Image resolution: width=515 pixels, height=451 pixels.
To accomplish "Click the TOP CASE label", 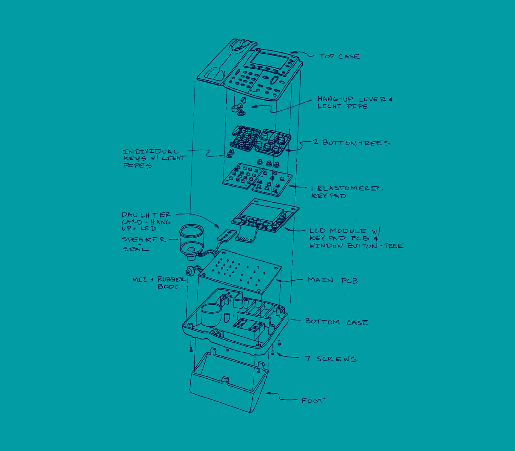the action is pos(339,56).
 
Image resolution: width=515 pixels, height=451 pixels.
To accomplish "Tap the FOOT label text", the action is pos(313,401).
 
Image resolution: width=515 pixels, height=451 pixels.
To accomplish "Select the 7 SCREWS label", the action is pos(331,359).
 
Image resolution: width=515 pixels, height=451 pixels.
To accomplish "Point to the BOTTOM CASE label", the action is pos(337,322).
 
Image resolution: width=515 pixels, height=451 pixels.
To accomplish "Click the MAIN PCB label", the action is pos(333,280).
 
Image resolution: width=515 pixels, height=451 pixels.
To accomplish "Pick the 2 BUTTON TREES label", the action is pos(352,143).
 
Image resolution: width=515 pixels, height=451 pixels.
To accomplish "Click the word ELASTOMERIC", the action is pos(350,188).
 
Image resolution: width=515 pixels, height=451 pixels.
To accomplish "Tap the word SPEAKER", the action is pos(144,239).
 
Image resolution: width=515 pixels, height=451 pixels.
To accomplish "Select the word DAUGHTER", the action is pos(146,215).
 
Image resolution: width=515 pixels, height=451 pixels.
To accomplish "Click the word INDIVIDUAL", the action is pos(151,152).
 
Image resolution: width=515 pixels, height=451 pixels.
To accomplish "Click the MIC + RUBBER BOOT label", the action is pos(159,283).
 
